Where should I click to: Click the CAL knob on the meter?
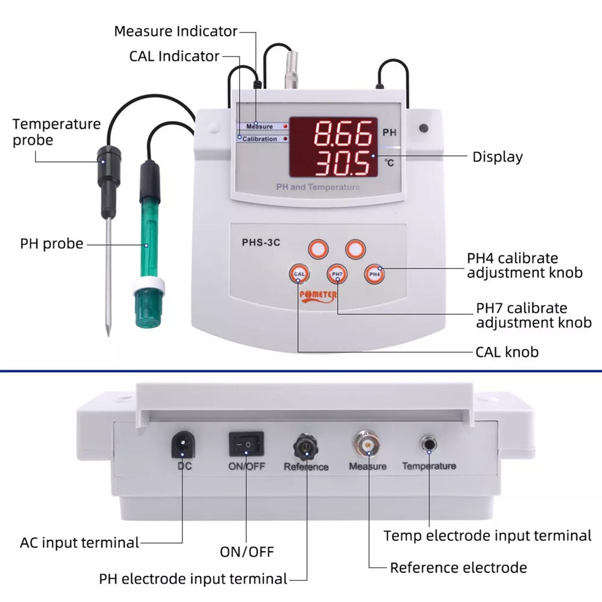tap(299, 274)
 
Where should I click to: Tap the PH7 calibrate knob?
tap(337, 274)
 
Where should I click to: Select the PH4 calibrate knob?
tap(374, 274)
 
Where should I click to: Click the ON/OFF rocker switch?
tap(246, 444)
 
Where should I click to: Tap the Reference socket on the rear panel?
tap(305, 446)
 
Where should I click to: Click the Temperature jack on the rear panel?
tap(429, 444)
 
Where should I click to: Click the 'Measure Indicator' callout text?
tap(176, 31)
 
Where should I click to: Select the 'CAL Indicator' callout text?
tap(174, 56)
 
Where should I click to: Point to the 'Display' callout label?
tap(497, 157)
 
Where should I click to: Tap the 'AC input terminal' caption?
tap(79, 542)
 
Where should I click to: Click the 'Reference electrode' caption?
tap(458, 567)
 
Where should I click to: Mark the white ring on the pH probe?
tap(147, 284)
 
